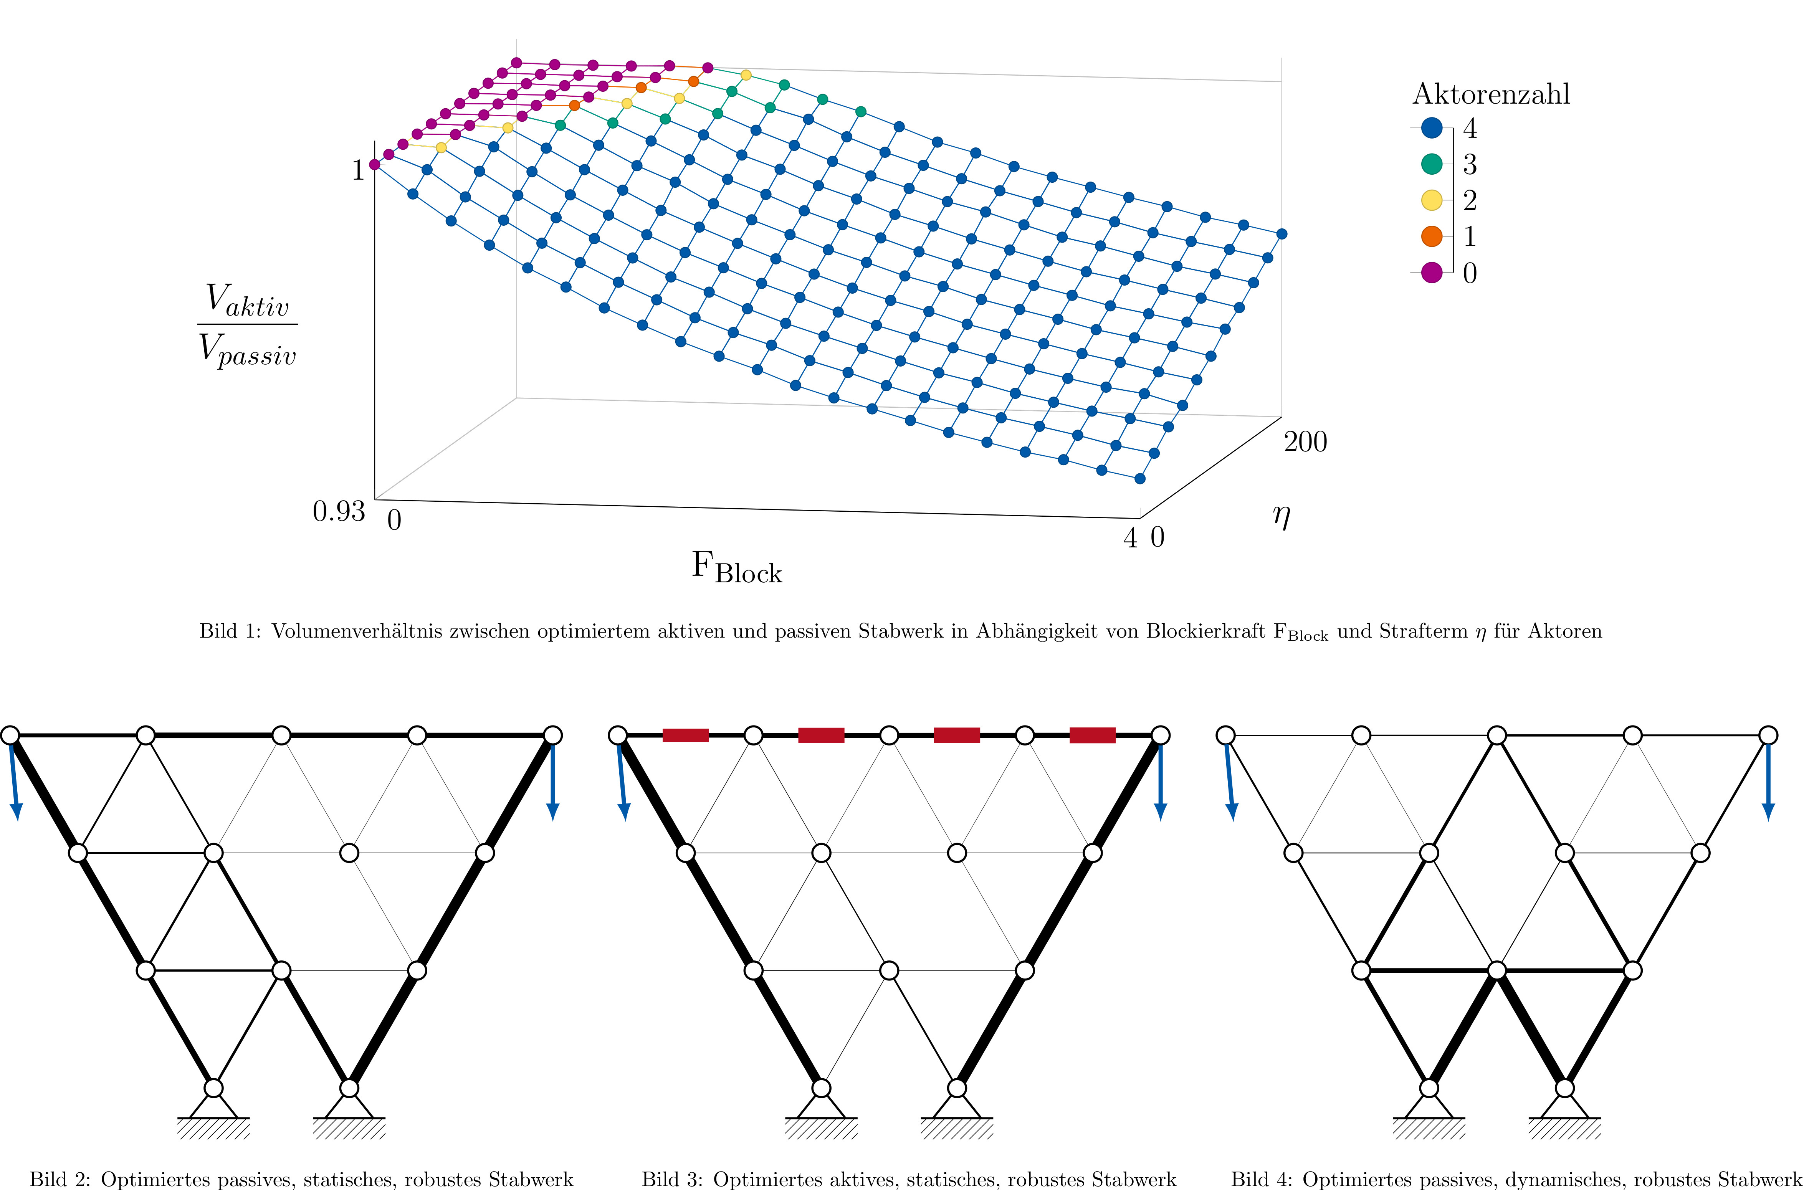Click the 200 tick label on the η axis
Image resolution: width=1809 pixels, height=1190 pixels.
tap(1305, 441)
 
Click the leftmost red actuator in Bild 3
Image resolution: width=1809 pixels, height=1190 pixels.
tap(686, 735)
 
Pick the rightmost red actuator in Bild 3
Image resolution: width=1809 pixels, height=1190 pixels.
tap(1092, 735)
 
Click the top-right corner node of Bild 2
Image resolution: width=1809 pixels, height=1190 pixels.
tap(552, 735)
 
